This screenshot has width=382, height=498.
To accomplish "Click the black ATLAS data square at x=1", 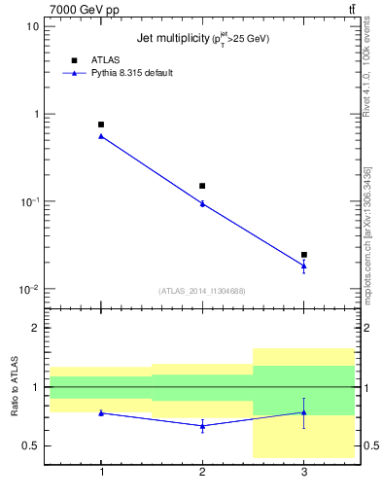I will click(101, 124).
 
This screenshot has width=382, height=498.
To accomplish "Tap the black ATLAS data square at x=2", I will click(202, 186).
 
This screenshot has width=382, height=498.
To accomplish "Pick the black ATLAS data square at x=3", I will click(303, 255).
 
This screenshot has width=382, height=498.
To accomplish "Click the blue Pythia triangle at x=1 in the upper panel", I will click(101, 136).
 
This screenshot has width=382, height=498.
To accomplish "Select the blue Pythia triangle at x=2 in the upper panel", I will click(202, 203).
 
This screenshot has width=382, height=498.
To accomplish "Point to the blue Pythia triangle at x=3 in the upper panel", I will click(303, 266).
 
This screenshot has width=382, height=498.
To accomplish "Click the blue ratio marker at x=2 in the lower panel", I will click(202, 425).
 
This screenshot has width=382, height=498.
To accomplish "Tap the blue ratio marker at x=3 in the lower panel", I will click(303, 412).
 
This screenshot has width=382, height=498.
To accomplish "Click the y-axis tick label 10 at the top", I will click(32, 26).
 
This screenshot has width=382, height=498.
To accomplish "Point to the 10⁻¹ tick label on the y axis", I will click(30, 201).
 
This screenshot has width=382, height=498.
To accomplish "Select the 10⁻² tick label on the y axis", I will click(30, 289).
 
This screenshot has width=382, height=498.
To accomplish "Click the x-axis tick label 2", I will click(202, 471).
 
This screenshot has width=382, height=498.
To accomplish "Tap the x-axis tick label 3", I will click(303, 471).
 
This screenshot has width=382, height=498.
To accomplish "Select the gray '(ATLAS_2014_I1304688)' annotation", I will click(202, 291).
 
